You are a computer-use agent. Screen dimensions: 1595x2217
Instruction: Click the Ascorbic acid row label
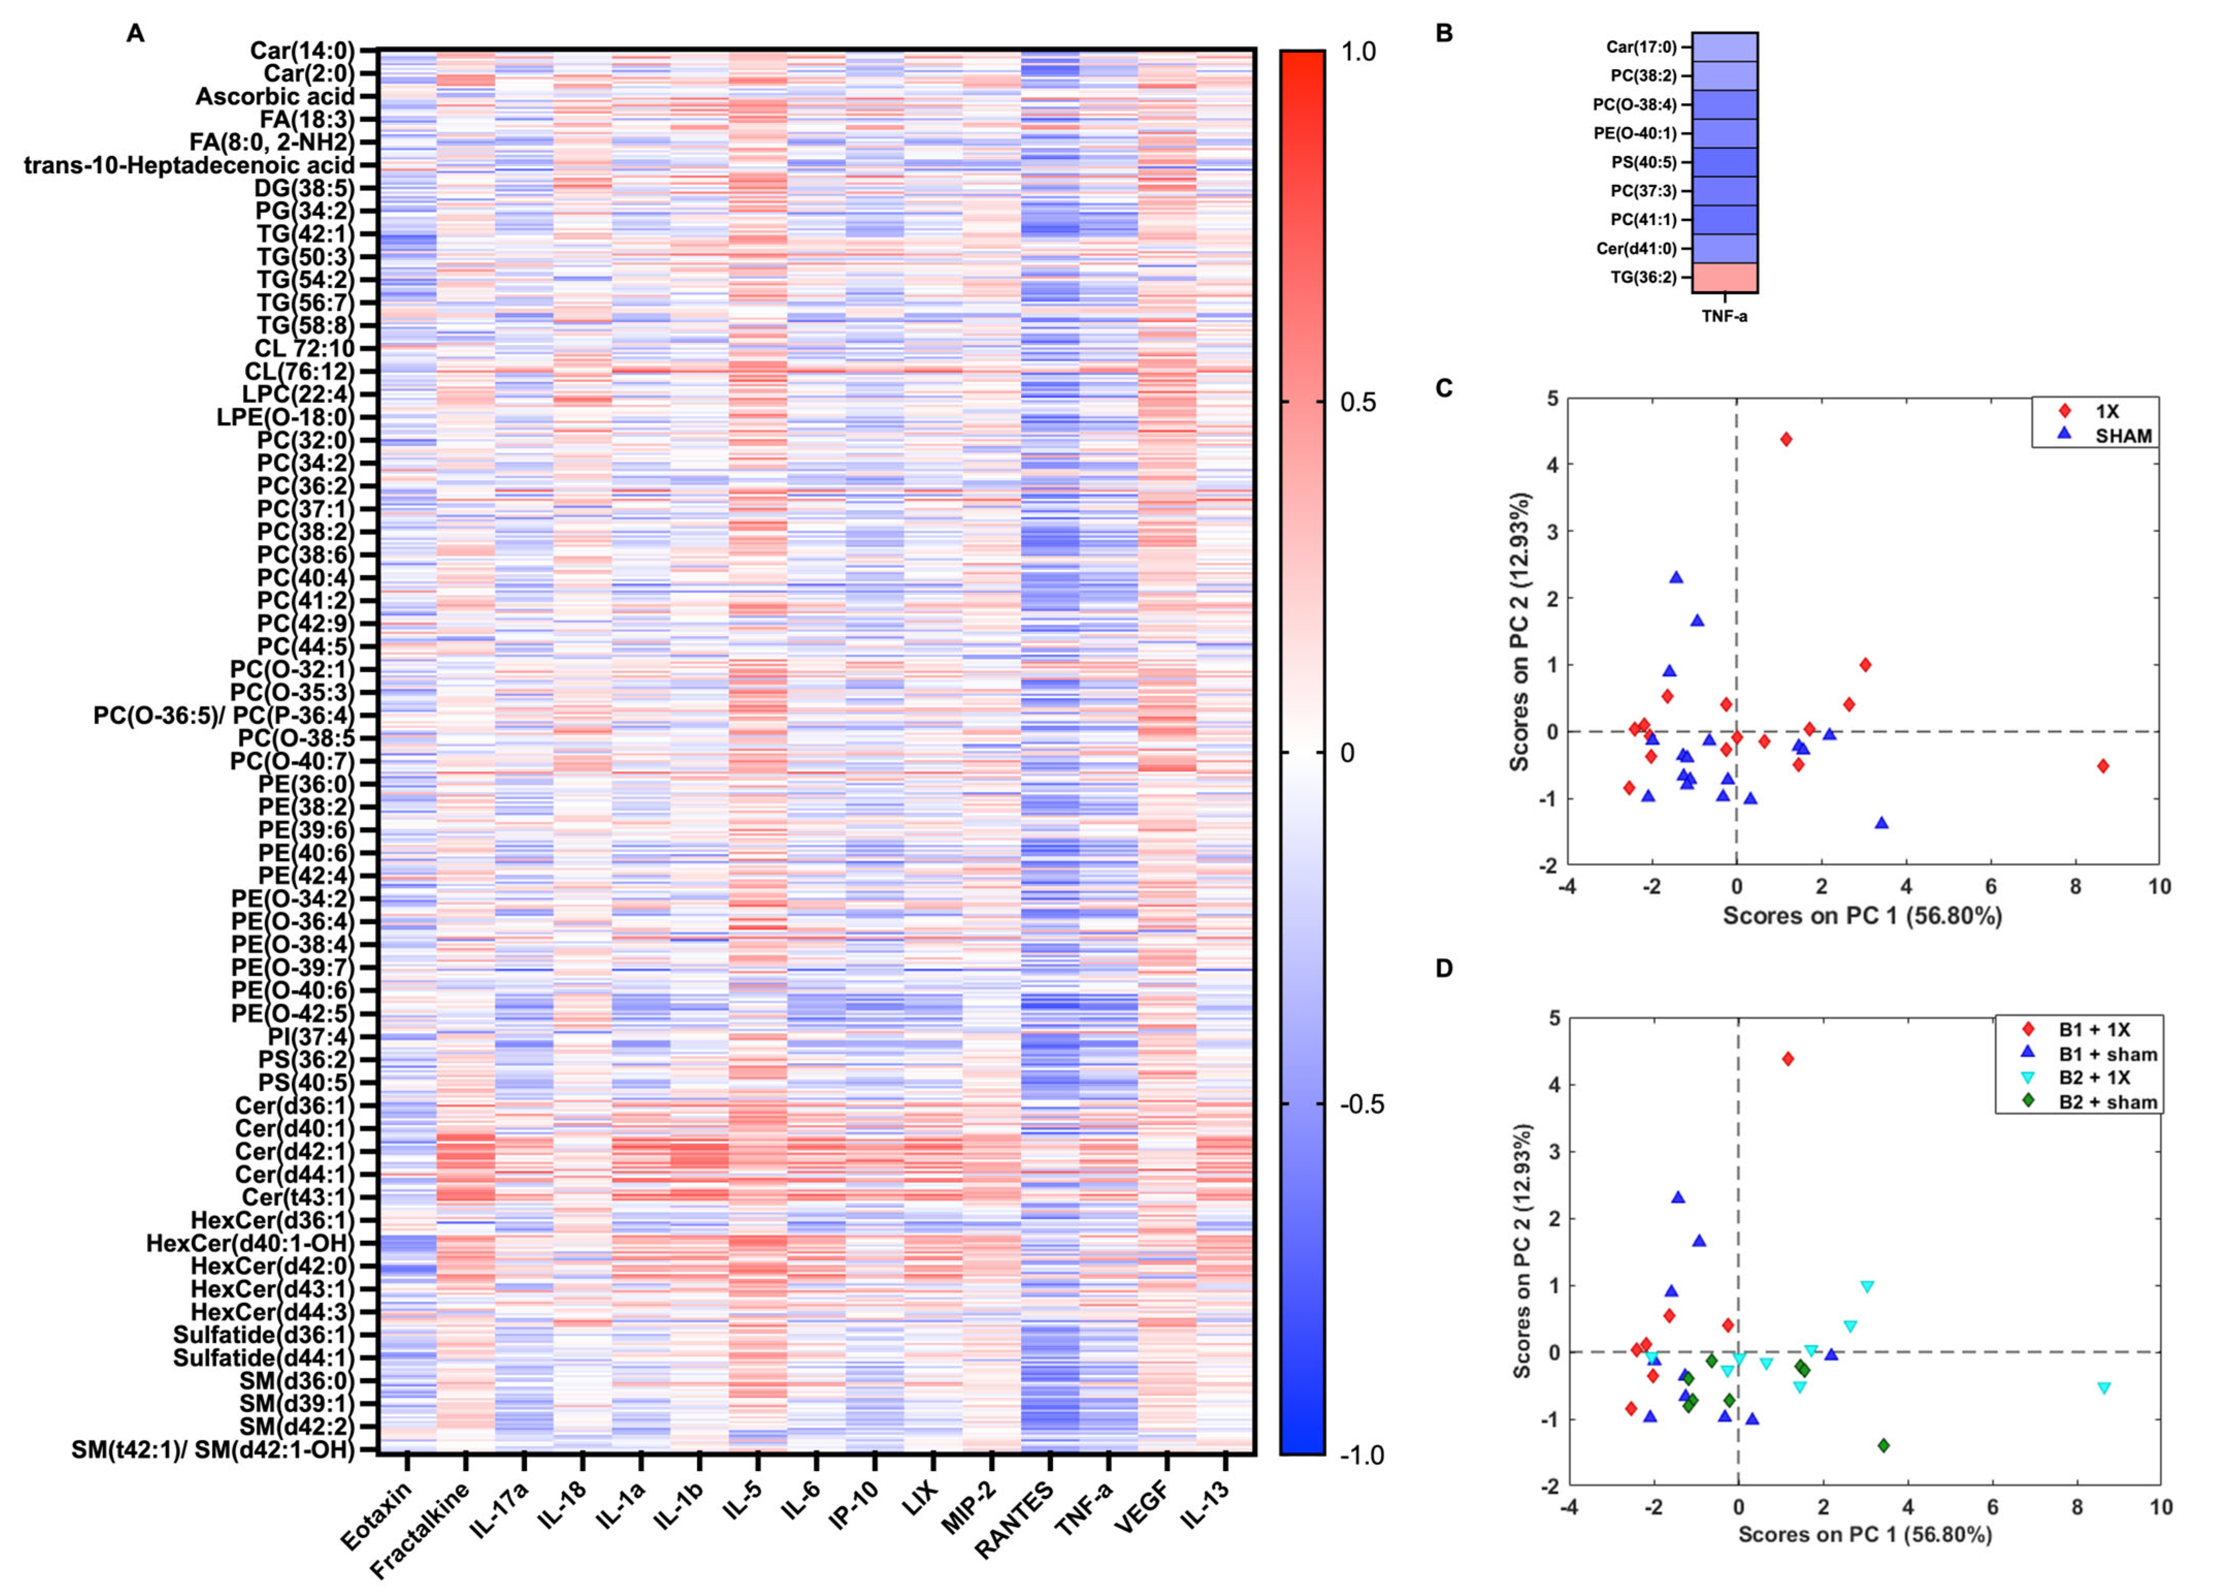tap(274, 96)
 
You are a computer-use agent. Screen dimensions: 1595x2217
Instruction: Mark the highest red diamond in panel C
tap(1786, 439)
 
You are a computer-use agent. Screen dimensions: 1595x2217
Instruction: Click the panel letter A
tap(135, 33)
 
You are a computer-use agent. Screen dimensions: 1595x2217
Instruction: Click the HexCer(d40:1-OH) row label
tap(249, 1243)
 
